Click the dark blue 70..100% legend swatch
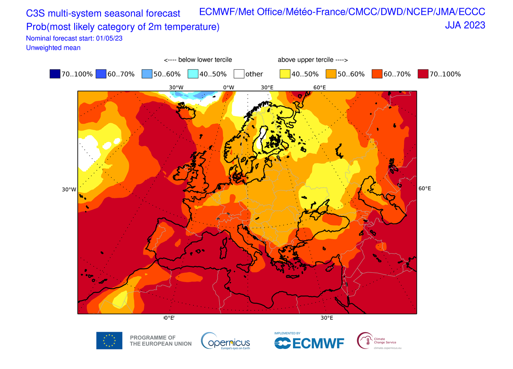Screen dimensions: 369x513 click(x=55, y=74)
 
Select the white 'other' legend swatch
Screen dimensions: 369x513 click(x=239, y=74)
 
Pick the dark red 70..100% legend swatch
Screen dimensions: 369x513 click(x=422, y=74)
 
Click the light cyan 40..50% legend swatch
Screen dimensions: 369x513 click(x=193, y=74)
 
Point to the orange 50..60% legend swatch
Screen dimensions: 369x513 click(x=330, y=74)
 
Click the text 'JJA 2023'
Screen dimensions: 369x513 click(x=465, y=25)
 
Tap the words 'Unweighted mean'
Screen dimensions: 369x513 click(x=53, y=48)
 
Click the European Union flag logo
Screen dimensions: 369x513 click(x=109, y=341)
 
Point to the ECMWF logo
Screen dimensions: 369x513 click(x=309, y=343)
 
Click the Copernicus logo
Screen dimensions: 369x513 click(x=226, y=341)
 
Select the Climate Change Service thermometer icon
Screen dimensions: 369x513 click(x=364, y=340)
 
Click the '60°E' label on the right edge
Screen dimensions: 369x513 click(x=425, y=188)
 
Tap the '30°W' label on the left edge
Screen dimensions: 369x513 click(x=69, y=190)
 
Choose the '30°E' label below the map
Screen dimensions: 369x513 click(x=327, y=318)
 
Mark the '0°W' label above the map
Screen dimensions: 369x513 click(x=228, y=88)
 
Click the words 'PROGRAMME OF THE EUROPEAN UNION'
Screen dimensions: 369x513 click(x=160, y=341)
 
